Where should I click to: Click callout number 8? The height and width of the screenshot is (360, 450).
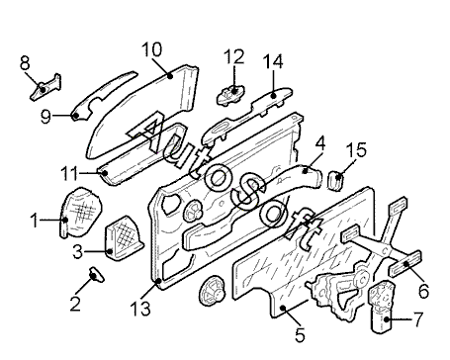tap(25, 63)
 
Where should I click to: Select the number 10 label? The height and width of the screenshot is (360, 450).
tap(152, 49)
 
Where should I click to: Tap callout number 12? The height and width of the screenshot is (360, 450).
tap(233, 56)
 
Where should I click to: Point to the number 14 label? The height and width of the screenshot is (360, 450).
tap(273, 61)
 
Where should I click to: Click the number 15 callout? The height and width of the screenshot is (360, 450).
tap(356, 149)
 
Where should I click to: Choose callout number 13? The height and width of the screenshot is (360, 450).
tap(140, 309)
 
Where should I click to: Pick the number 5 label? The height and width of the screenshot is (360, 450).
tap(300, 335)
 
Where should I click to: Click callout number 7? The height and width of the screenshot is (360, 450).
tap(417, 319)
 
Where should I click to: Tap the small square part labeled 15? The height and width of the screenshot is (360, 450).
tap(336, 180)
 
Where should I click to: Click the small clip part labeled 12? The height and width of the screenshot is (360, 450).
tap(230, 95)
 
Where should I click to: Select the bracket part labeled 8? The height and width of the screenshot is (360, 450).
tap(46, 87)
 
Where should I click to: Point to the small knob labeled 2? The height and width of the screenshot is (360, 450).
tap(96, 274)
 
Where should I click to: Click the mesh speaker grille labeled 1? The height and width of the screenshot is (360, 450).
tap(81, 212)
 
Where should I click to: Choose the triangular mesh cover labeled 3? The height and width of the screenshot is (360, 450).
tap(124, 238)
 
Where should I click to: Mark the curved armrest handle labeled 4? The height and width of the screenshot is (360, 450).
tap(250, 205)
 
